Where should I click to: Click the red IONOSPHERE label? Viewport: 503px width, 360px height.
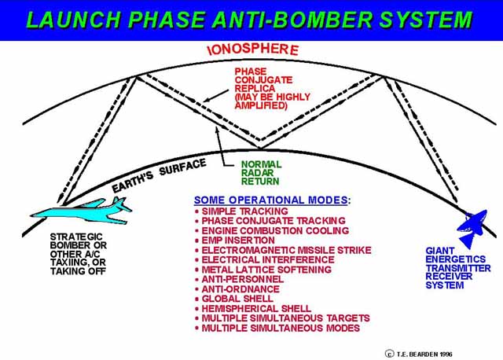point(253,50)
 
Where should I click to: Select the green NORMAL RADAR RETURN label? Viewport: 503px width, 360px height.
point(261,173)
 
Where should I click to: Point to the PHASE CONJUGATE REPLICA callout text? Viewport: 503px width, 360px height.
point(273,88)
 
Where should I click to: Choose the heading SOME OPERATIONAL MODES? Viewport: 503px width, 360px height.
point(272,200)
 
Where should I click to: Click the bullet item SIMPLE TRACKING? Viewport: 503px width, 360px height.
point(244,211)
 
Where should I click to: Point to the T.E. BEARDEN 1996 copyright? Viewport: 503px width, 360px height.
point(419,354)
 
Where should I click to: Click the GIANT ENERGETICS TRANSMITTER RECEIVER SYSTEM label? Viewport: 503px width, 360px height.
point(458,268)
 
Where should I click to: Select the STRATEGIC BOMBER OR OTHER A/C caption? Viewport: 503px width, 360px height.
point(79,254)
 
